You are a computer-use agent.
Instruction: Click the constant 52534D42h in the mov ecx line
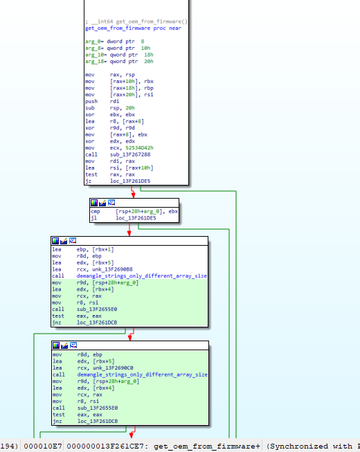[x=139, y=148]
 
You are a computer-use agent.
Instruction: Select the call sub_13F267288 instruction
[x=118, y=154]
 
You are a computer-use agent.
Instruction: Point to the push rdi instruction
[x=102, y=101]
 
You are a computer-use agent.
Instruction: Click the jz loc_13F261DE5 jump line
[x=118, y=181]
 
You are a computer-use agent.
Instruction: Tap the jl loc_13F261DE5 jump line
[x=123, y=218]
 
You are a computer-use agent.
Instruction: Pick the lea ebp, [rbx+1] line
[x=83, y=249]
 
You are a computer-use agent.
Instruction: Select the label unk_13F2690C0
[x=113, y=368]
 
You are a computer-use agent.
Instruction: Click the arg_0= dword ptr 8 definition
[x=114, y=42]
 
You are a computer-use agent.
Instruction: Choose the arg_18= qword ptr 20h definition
[x=119, y=62]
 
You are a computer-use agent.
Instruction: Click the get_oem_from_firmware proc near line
[x=133, y=28]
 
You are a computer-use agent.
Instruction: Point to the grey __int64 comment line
[x=136, y=21]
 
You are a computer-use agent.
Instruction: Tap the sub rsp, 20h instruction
[x=110, y=108]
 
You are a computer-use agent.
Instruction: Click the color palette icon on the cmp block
[x=94, y=203]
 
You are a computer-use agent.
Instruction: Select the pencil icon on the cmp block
[x=102, y=203]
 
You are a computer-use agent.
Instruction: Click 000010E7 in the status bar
[x=43, y=446]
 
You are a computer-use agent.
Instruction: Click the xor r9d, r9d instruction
[x=110, y=128]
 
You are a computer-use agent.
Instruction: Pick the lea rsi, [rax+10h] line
[x=119, y=168]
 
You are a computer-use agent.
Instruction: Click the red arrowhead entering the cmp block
[x=133, y=195]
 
